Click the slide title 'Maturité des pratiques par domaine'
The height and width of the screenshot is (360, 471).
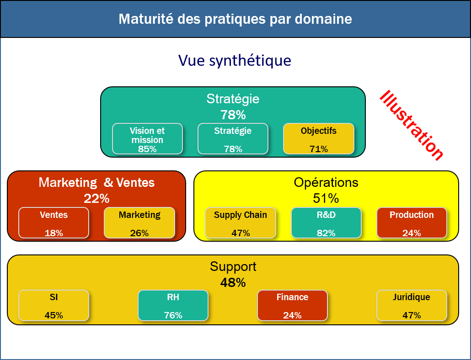[235, 19]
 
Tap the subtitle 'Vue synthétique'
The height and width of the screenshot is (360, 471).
[235, 61]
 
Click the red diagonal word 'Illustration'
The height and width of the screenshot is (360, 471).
[412, 125]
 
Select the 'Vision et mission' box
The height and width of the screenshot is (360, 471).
[148, 139]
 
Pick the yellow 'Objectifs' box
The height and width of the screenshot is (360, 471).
[319, 139]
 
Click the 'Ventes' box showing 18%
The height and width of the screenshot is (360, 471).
[54, 223]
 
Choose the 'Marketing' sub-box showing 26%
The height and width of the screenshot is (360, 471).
[139, 223]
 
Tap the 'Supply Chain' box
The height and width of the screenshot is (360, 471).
[241, 223]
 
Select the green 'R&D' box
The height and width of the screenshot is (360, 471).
[326, 223]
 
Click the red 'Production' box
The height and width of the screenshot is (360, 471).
[412, 223]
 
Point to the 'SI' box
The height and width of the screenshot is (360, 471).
[54, 305]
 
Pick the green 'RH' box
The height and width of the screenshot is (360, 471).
[173, 305]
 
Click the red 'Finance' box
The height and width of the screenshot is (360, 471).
[292, 305]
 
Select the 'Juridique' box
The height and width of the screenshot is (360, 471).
[412, 305]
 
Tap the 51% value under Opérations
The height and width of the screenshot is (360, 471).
[326, 198]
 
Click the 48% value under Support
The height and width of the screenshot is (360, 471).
[233, 283]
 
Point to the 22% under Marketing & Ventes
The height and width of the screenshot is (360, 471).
[96, 199]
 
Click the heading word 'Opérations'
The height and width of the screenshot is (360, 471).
[326, 182]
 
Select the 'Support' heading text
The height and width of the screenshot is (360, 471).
[233, 267]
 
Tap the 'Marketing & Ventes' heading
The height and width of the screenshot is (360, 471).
[96, 182]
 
